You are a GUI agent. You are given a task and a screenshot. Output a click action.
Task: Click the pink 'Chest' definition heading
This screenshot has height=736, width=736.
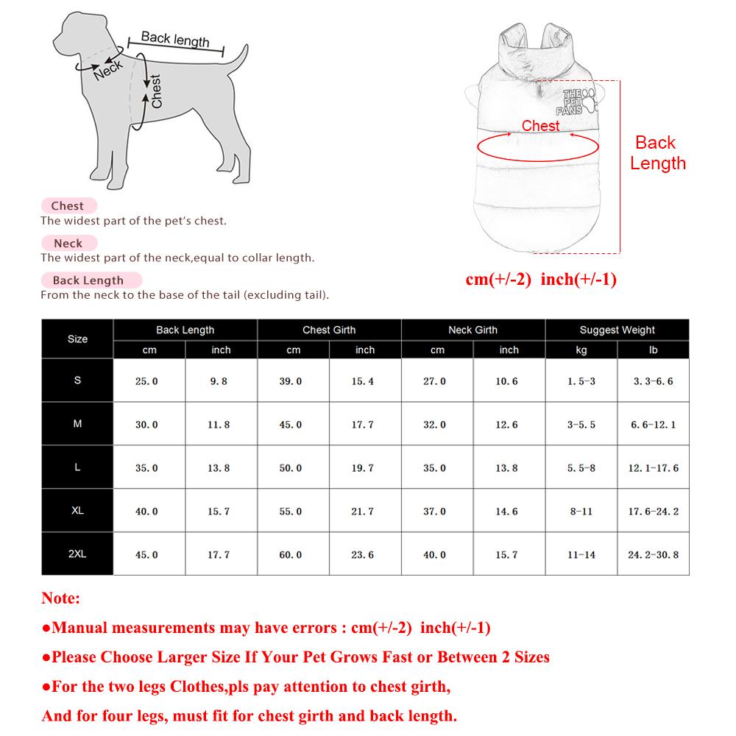(68, 206)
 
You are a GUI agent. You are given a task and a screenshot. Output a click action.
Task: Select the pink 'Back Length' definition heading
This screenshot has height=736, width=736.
(88, 280)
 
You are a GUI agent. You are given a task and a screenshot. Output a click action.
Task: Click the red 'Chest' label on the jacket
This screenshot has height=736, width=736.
(541, 126)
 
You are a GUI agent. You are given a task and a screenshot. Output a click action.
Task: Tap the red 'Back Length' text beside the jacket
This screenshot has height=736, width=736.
(657, 153)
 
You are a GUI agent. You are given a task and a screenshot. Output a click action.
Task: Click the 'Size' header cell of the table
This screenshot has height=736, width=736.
(77, 339)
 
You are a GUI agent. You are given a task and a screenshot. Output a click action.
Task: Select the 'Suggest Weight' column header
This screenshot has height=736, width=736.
(617, 330)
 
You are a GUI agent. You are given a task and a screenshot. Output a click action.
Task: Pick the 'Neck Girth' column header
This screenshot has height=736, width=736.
(473, 330)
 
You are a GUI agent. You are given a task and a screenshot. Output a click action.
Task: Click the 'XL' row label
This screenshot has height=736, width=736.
(77, 511)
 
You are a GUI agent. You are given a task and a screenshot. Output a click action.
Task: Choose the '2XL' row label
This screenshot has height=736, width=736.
(77, 553)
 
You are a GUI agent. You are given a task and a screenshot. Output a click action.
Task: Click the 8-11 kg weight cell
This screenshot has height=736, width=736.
(581, 511)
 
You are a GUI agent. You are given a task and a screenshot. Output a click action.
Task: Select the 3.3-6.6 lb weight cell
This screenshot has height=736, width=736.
(653, 381)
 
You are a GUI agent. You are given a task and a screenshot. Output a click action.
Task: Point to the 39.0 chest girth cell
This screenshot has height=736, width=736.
(291, 381)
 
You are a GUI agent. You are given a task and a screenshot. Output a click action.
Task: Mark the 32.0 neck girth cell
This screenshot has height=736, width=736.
(435, 425)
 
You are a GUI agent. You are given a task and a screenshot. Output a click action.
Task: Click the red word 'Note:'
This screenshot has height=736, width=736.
(61, 598)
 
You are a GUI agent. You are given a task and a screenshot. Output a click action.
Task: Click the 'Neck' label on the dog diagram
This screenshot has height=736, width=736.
(108, 71)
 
